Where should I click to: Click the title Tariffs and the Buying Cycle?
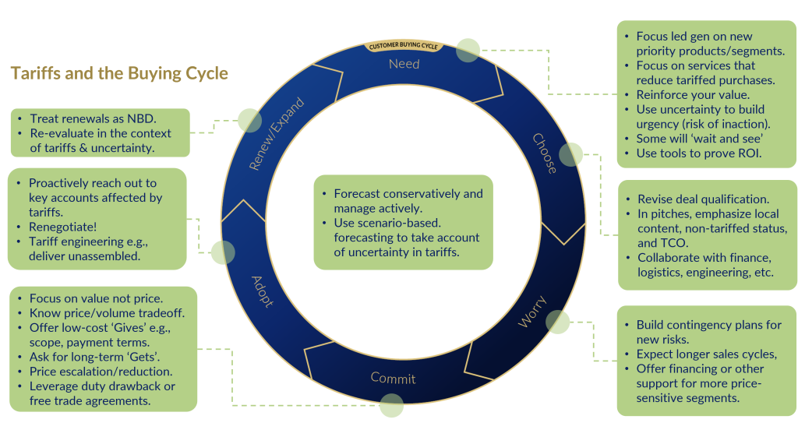coord(119,73)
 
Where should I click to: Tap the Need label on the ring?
coord(404,64)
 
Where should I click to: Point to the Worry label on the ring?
coord(532,312)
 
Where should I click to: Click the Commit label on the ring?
coord(393,379)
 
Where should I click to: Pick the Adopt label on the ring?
coord(263,291)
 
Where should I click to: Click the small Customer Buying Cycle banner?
coord(404,46)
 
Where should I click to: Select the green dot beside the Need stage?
coord(468,50)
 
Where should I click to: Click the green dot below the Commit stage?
coord(392,405)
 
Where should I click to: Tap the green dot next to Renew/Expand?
coord(249,120)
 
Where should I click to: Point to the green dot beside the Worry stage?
coord(558,322)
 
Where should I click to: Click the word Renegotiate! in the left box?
coord(63,227)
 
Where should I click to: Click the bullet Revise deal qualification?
coord(703,199)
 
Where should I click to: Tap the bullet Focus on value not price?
coord(96,298)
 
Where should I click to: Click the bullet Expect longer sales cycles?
coord(706,354)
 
